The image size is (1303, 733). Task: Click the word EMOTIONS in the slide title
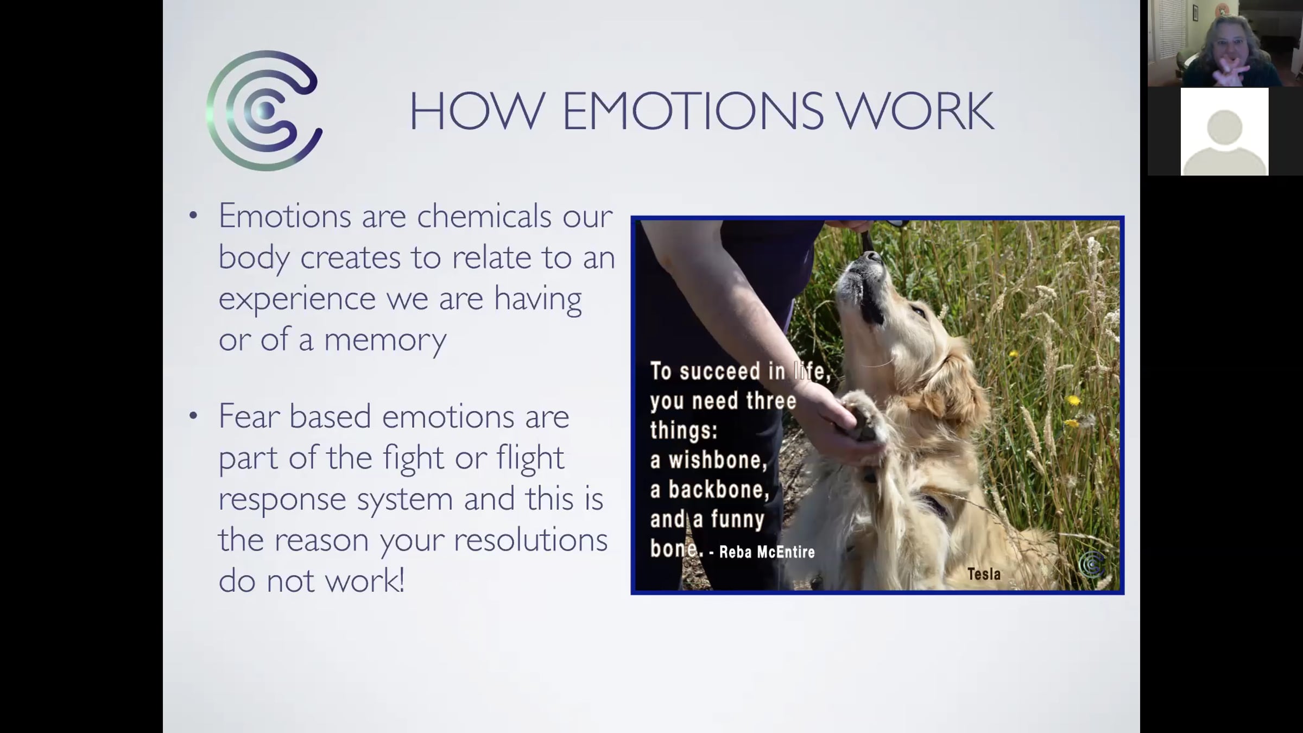coord(693,111)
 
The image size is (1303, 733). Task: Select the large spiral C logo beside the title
coord(264,111)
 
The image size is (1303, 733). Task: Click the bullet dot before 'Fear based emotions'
coord(193,416)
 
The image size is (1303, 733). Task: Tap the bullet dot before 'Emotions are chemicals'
coord(193,216)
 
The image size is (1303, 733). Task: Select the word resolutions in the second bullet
coord(530,540)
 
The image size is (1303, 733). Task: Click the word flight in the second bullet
coord(530,458)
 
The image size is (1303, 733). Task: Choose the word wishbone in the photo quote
coord(718,460)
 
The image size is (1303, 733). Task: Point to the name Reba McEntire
coord(767,552)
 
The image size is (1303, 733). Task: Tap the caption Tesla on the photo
coord(984,574)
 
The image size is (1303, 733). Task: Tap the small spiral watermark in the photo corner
coord(1091,565)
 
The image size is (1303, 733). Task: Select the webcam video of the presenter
coord(1225,43)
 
